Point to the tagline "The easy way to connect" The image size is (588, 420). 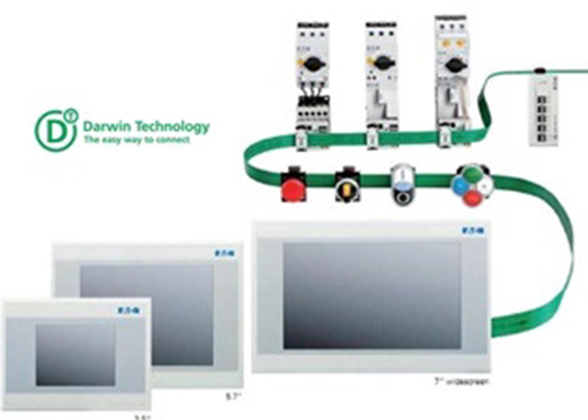pos(132,142)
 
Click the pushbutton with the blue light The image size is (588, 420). pos(404,184)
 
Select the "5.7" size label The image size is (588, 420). pos(231,396)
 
